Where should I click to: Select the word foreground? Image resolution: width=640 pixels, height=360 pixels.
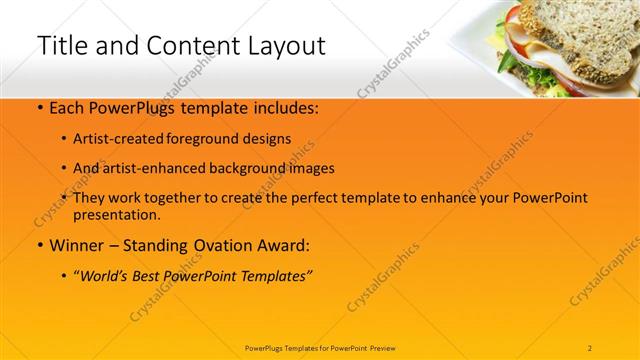tap(210, 139)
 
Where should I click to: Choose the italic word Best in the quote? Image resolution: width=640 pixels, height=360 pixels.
tap(150, 274)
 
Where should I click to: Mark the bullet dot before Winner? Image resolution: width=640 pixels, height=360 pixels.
tap(39, 245)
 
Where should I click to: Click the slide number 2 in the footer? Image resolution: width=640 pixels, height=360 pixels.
tap(590, 347)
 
